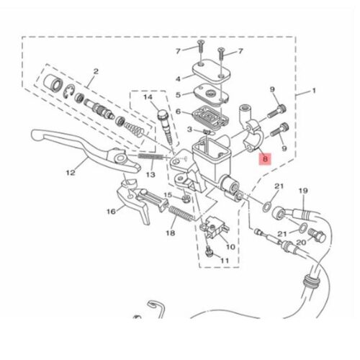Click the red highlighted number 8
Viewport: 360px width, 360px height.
265,159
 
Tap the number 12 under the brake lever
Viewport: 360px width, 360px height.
71,172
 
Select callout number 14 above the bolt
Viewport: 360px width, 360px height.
148,97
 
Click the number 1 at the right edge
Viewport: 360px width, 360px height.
314,91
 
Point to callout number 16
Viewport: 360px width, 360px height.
111,212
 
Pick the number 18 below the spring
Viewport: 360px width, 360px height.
171,233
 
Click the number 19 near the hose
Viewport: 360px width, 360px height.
303,191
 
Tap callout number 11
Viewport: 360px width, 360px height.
225,261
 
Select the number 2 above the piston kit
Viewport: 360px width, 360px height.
96,71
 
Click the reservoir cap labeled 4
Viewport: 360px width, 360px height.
211,71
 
